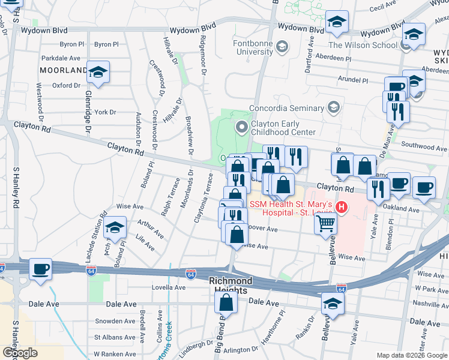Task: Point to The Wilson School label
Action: pyautogui.click(x=362, y=44)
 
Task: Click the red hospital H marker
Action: pyautogui.click(x=342, y=208)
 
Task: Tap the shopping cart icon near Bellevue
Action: pyautogui.click(x=325, y=223)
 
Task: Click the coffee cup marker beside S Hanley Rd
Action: pyautogui.click(x=41, y=269)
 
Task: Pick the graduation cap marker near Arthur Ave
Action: pyautogui.click(x=115, y=227)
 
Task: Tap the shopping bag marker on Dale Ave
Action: pyautogui.click(x=226, y=303)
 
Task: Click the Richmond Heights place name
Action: pyautogui.click(x=231, y=285)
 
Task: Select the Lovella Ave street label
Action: pyautogui.click(x=170, y=287)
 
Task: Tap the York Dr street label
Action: pyautogui.click(x=104, y=112)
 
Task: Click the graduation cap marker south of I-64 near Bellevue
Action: pyautogui.click(x=331, y=304)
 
